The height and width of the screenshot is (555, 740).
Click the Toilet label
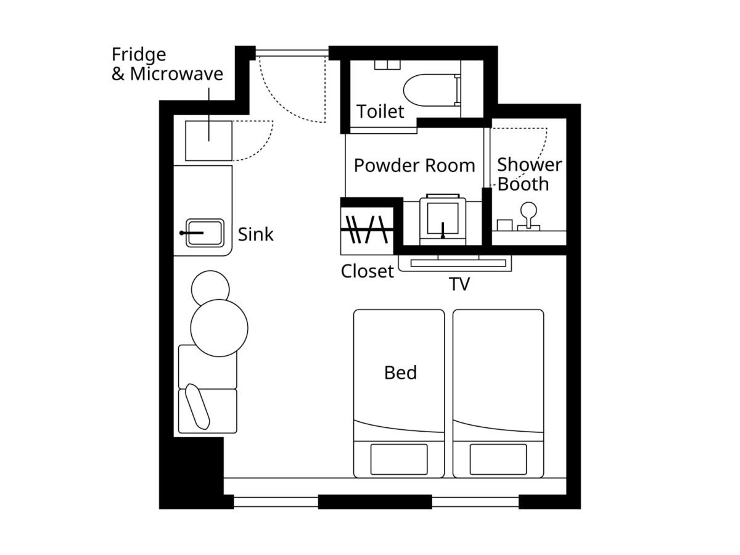click(x=380, y=111)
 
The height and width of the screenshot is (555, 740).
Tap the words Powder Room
click(x=414, y=165)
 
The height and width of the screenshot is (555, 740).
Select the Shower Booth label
click(x=529, y=175)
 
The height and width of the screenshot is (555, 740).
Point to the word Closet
click(x=367, y=271)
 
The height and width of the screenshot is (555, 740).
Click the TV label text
click(x=459, y=284)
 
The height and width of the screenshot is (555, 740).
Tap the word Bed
click(x=400, y=372)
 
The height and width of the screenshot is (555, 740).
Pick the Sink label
click(x=255, y=234)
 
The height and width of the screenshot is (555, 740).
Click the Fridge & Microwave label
click(x=167, y=64)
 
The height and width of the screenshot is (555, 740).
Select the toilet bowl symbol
click(x=432, y=90)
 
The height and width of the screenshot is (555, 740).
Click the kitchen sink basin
click(x=205, y=233)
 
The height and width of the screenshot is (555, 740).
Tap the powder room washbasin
click(x=443, y=220)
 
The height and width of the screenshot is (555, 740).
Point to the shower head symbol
click(x=528, y=216)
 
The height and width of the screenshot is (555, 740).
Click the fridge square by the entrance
click(x=208, y=141)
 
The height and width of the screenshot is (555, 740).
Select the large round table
click(x=219, y=328)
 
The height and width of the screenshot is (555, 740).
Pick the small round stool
click(x=210, y=287)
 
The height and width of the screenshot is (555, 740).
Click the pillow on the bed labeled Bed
click(x=399, y=459)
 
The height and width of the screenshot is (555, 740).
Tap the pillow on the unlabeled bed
click(x=498, y=459)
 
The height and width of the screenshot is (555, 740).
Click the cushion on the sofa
click(x=197, y=407)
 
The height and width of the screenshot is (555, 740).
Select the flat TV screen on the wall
click(x=458, y=263)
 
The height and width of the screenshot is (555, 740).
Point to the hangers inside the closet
click(x=367, y=229)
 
